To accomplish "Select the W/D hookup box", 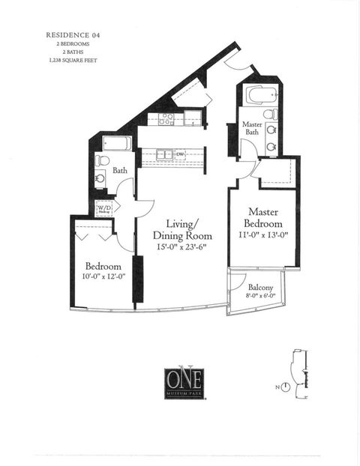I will point(103,207).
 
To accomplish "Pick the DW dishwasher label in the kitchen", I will point(181,155).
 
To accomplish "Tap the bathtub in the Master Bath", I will point(259,97).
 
